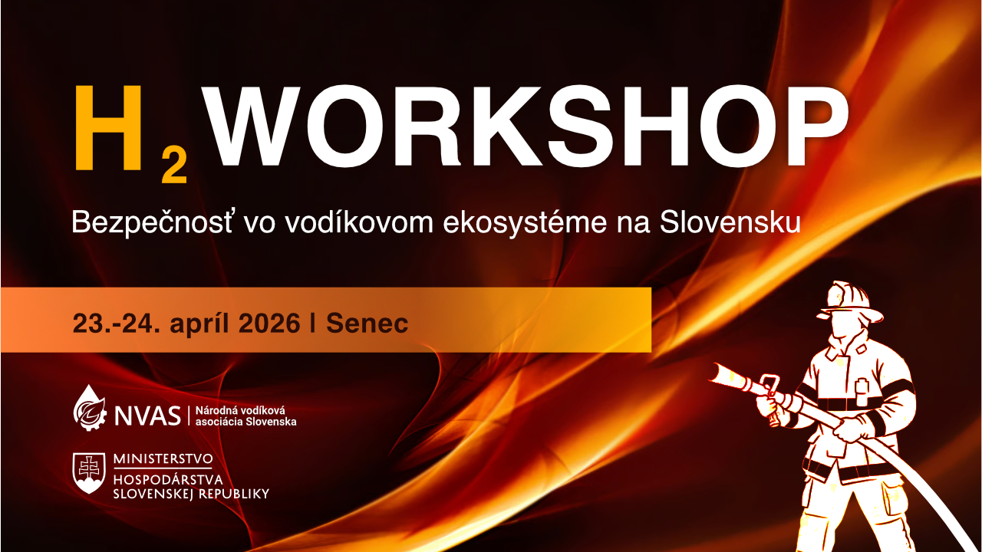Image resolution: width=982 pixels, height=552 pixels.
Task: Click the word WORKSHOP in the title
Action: [x=525, y=127]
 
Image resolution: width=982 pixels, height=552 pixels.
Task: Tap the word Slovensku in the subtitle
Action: [x=730, y=222]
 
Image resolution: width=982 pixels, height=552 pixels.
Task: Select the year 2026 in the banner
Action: [x=269, y=324]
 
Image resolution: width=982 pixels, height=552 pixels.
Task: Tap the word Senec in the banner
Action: [x=367, y=324]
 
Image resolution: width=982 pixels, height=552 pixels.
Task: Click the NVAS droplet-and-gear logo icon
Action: [x=90, y=409]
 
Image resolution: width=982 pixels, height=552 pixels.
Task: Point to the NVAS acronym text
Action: [x=147, y=416]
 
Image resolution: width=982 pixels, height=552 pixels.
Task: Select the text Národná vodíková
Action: [x=240, y=410]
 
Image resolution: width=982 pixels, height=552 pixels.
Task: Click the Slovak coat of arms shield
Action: [x=89, y=473]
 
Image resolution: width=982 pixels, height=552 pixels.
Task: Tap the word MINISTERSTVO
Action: [x=163, y=459]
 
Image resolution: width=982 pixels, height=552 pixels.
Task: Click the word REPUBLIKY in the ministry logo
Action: [x=234, y=495]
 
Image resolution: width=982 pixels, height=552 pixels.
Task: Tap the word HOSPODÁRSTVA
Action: [x=168, y=480]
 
